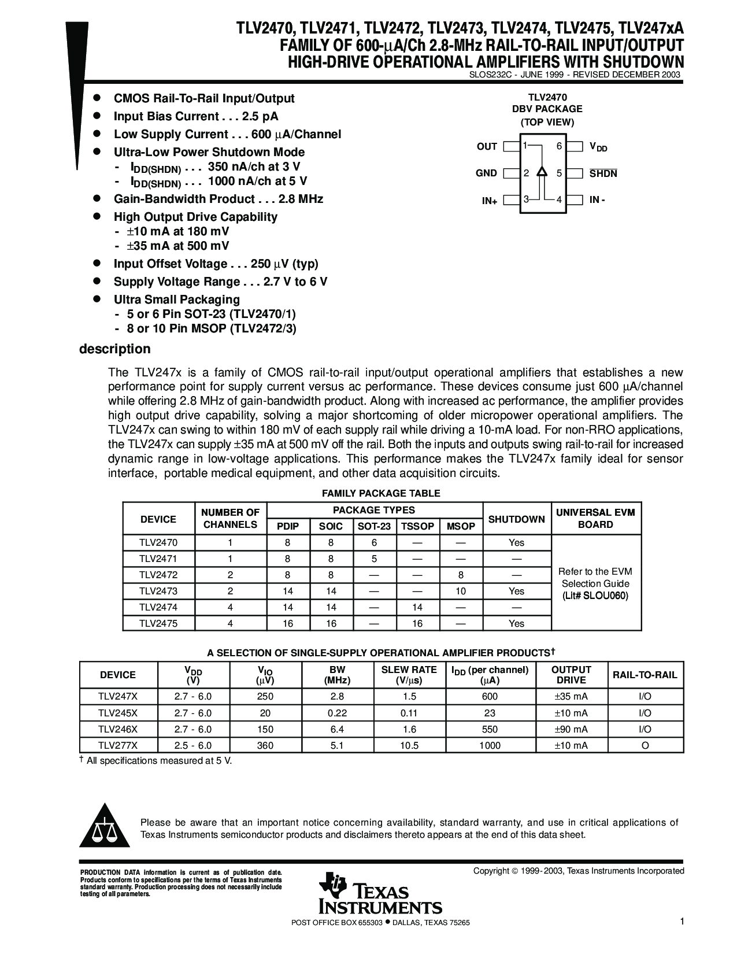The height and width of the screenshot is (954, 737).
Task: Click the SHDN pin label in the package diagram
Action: pos(603,173)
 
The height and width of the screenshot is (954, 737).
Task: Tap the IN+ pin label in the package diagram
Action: pos(490,201)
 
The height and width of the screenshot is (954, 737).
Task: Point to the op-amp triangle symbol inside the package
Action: pos(542,172)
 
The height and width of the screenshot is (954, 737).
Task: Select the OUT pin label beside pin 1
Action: pos(487,147)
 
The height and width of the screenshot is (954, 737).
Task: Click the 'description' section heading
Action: pos(114,349)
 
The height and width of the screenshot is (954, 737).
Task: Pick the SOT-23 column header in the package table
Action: pos(374,526)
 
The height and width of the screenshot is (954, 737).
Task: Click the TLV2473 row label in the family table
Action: pos(158,591)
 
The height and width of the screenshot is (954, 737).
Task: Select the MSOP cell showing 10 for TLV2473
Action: pos(461,591)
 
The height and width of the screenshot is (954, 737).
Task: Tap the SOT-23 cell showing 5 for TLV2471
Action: pos(374,559)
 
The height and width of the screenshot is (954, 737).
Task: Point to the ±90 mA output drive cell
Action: pos(571,729)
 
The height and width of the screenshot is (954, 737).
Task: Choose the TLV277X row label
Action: pos(118,745)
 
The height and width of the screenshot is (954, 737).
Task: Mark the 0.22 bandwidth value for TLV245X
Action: pos(337,713)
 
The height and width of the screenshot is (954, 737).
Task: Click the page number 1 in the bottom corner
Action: pos(682,922)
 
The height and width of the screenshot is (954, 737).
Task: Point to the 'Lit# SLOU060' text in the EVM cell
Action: pos(595,596)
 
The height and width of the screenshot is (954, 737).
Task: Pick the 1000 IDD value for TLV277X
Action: pos(490,745)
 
